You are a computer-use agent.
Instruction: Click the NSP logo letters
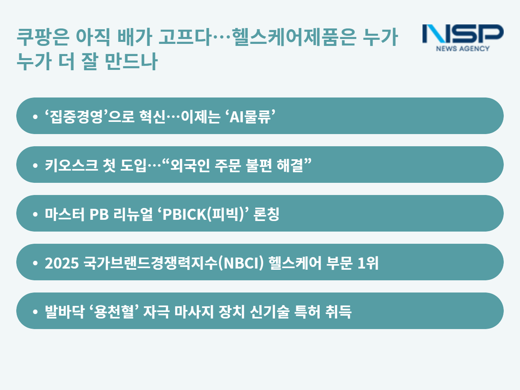[x=463, y=34]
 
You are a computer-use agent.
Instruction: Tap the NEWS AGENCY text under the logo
[x=463, y=48]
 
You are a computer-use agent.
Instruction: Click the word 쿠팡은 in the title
[x=43, y=37]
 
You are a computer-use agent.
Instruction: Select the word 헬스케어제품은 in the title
[x=294, y=37]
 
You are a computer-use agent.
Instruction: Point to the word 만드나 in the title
[x=131, y=61]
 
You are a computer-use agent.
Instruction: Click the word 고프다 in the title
[x=185, y=37]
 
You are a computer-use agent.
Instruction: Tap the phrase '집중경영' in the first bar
[x=76, y=116]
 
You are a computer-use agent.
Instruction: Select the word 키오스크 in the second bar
[x=71, y=165]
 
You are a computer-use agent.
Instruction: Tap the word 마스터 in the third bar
[x=65, y=214]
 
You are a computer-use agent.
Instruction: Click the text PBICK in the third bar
[x=184, y=214]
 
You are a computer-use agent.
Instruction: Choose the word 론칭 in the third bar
[x=266, y=214]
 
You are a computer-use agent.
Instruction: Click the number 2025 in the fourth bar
[x=62, y=263]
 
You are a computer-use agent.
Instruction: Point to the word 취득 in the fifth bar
[x=338, y=312]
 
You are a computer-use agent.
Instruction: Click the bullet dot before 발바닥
[x=35, y=312]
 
